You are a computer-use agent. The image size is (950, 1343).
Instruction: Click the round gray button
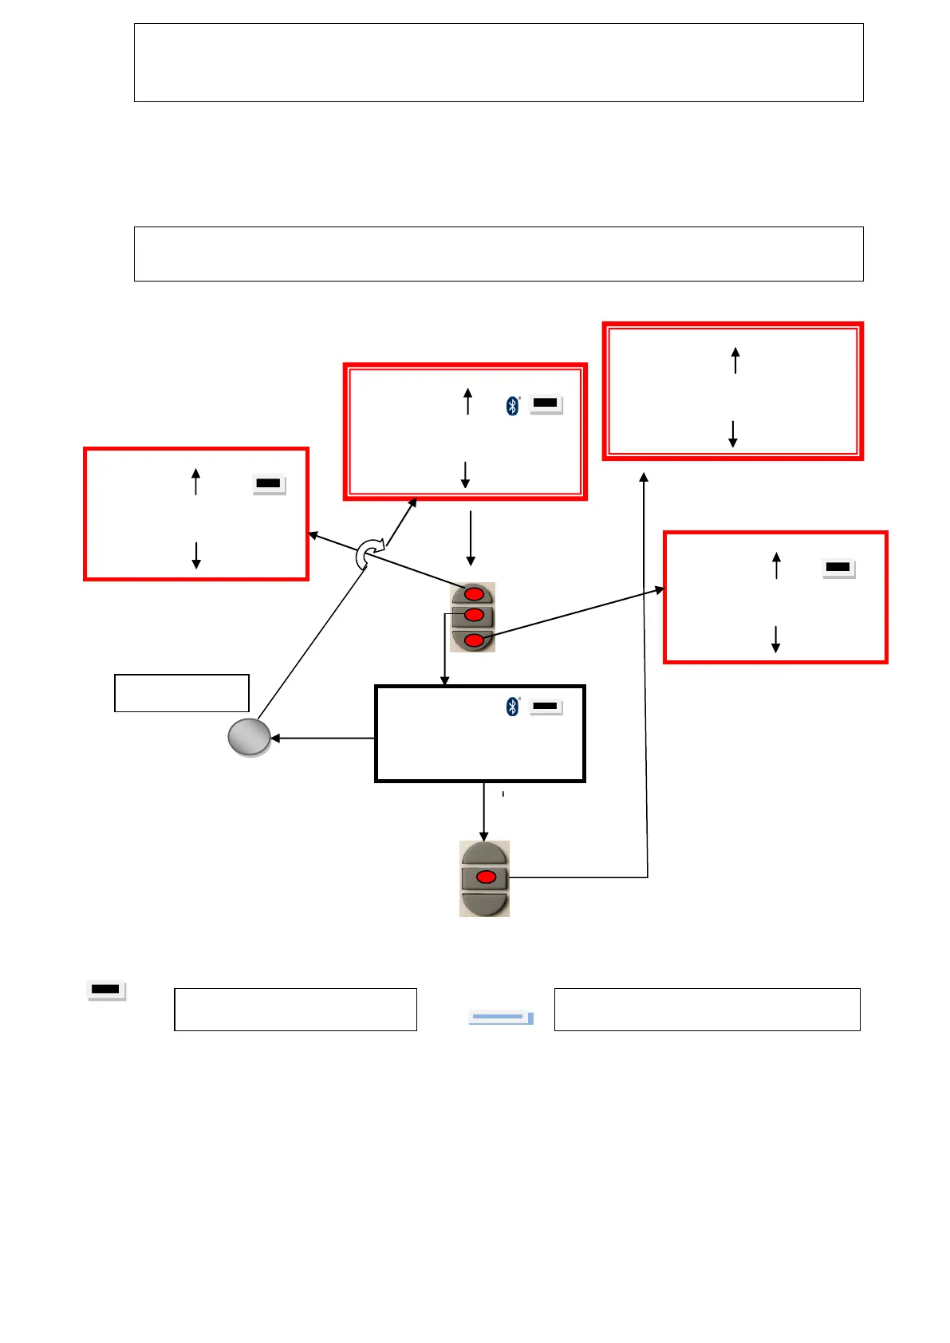[x=249, y=738]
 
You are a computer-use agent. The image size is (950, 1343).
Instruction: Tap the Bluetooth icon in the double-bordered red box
[x=513, y=406]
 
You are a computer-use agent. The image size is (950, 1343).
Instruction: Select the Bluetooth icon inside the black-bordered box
[x=513, y=707]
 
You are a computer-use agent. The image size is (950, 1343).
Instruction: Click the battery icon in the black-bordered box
[x=546, y=707]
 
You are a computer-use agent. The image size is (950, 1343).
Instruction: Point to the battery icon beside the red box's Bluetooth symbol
[x=546, y=404]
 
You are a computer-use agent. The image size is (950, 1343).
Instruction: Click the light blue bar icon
[x=500, y=1018]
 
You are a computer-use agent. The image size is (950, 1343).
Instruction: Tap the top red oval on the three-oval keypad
[x=474, y=594]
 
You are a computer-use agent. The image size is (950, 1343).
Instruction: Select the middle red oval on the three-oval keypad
[x=474, y=615]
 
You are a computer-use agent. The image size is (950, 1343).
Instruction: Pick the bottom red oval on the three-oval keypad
[x=474, y=640]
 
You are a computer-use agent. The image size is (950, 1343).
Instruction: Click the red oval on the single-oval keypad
[x=486, y=877]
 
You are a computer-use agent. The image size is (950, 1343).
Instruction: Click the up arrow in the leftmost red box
[x=195, y=482]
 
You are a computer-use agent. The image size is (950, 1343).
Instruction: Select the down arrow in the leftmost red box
[x=196, y=555]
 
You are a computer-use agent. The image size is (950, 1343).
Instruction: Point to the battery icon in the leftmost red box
[x=269, y=484]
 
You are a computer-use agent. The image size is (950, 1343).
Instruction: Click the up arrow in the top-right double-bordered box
[x=735, y=360]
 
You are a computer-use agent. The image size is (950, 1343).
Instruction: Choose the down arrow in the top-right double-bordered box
[x=732, y=434]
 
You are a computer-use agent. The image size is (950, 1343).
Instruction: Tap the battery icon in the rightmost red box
[x=838, y=568]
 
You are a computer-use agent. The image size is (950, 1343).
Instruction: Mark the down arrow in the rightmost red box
[x=775, y=639]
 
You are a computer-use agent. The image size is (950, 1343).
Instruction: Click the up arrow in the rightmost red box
[x=776, y=565]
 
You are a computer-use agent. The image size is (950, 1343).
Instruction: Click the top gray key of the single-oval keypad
[x=484, y=853]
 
